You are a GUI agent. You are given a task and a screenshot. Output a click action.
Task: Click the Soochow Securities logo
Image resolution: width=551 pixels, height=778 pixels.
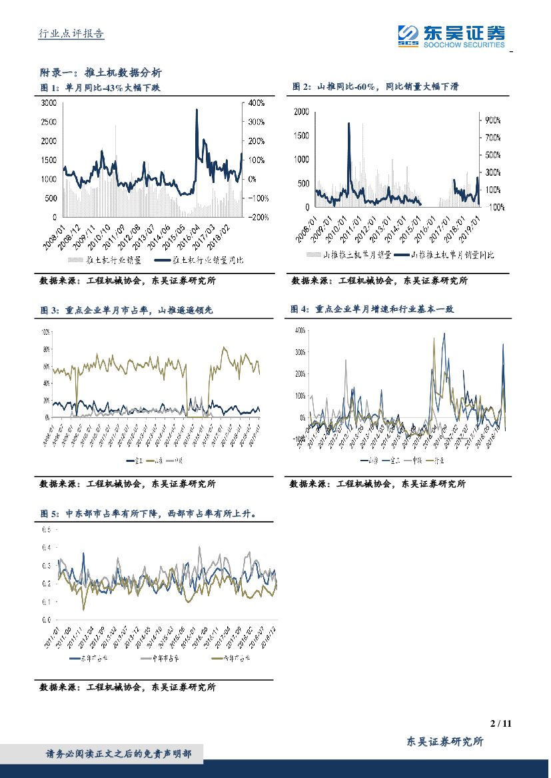(x=450, y=35)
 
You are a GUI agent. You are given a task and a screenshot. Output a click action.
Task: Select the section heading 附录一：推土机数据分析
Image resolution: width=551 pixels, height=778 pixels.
(x=101, y=73)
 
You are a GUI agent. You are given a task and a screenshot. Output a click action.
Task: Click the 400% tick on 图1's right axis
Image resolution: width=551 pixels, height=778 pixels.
(x=257, y=103)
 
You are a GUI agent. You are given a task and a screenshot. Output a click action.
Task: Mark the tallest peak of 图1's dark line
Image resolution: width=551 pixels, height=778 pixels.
(x=197, y=110)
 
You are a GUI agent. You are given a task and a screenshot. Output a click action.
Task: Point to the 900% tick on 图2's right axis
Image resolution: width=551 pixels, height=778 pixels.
(x=493, y=120)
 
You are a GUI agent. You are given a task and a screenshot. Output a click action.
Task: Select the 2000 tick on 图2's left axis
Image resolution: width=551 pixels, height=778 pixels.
(x=301, y=112)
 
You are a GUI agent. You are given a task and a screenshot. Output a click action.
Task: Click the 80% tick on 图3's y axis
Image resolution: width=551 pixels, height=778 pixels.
(x=47, y=349)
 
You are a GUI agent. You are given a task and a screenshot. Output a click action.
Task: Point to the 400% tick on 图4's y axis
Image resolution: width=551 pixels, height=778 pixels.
(x=299, y=330)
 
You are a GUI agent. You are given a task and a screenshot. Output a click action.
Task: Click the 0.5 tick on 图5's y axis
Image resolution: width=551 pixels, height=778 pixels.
(x=47, y=530)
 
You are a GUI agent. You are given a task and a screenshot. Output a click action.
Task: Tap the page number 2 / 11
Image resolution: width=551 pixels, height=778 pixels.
(x=500, y=723)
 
